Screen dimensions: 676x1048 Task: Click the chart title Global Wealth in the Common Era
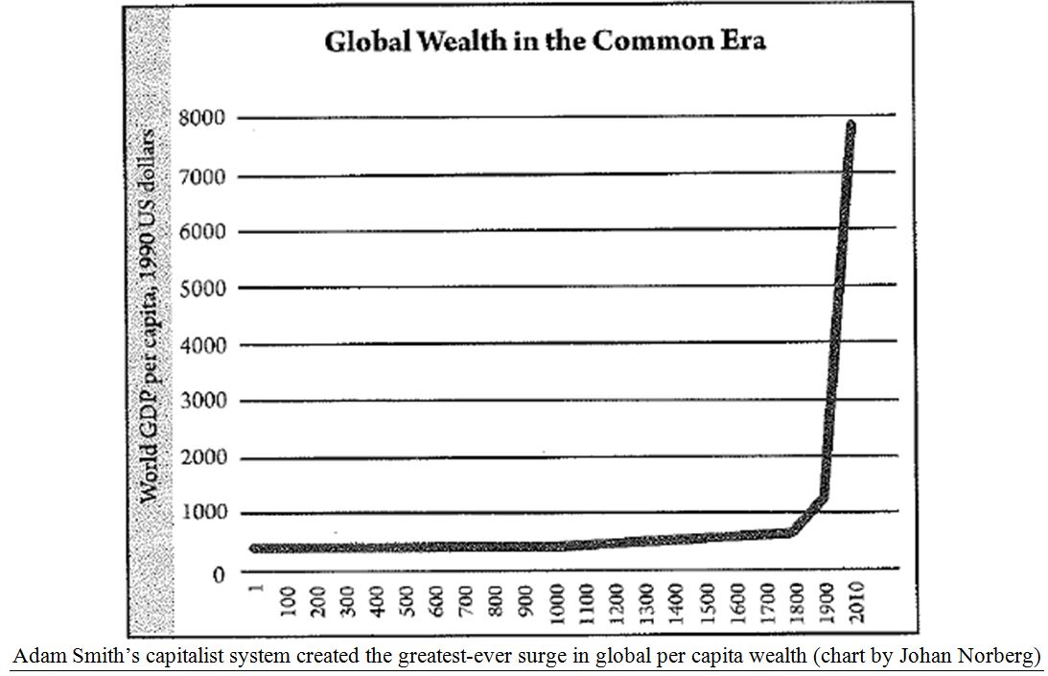[x=545, y=42]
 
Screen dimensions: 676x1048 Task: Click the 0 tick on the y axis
[x=218, y=573]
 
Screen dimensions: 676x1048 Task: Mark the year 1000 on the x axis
[x=556, y=602]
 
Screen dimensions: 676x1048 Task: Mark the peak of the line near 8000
[x=850, y=124]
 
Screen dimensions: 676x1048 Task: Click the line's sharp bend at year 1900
[x=824, y=496]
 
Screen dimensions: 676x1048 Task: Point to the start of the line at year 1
[x=253, y=548]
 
